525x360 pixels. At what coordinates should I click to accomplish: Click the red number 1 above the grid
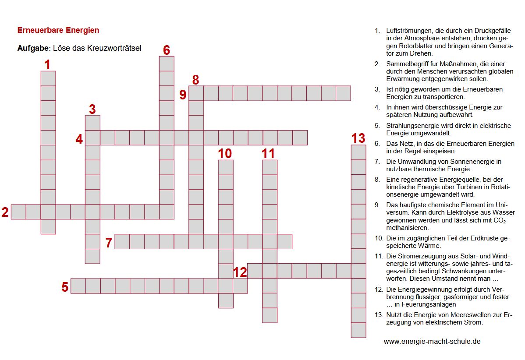click(x=47, y=65)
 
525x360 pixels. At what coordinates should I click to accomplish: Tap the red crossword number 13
click(x=358, y=138)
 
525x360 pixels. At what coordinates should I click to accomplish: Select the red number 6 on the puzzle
click(x=167, y=50)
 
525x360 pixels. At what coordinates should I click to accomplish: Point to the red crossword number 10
click(x=225, y=153)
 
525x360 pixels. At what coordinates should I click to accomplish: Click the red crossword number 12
click(x=240, y=272)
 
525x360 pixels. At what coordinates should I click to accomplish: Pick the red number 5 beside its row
click(x=65, y=287)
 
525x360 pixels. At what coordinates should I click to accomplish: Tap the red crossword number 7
click(x=109, y=242)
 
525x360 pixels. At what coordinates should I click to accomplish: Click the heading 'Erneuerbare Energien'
click(x=58, y=30)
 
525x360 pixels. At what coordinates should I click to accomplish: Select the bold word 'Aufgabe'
click(x=33, y=48)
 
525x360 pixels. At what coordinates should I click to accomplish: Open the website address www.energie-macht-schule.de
click(x=432, y=341)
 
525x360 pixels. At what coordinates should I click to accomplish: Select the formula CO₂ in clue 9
click(x=499, y=221)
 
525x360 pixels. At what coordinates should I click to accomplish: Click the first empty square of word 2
click(x=18, y=212)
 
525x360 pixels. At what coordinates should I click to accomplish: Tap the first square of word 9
click(x=196, y=93)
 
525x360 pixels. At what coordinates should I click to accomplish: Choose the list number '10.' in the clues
click(x=379, y=238)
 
